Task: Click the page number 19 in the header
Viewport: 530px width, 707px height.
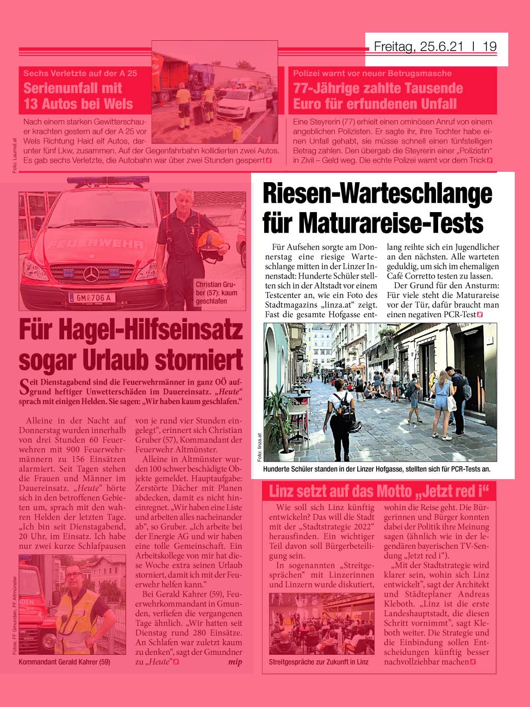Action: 489,47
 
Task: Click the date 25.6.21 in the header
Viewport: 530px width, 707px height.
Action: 441,47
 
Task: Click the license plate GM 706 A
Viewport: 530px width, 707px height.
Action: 92,297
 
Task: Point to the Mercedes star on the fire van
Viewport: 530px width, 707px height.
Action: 91,274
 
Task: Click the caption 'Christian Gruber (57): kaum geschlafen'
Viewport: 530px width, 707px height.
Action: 216,293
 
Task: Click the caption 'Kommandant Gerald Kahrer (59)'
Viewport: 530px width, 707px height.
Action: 64,662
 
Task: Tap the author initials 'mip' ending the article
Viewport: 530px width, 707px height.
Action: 235,662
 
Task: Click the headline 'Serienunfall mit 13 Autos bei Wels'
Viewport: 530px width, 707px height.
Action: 78,96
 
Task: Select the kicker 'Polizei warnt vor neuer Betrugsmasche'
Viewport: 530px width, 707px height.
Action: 372,73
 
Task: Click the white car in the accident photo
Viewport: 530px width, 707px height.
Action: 240,103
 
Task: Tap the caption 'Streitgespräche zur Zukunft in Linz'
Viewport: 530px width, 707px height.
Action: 319,662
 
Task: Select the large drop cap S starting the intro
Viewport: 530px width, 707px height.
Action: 24,387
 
